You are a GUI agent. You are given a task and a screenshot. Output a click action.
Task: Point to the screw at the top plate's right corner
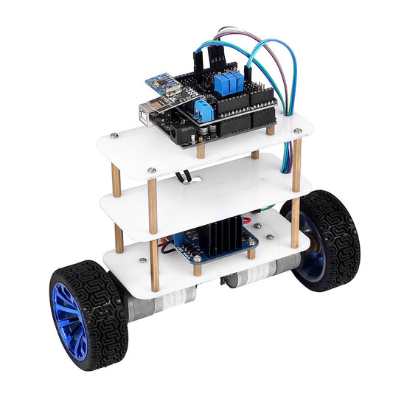click(x=297, y=133)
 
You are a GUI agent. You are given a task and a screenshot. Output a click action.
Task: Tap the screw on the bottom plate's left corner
click(x=140, y=259)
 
